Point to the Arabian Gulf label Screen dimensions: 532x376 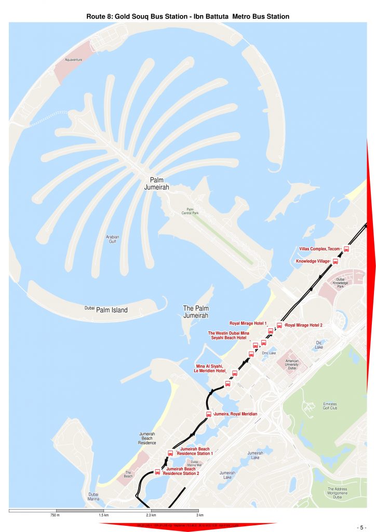(112, 239)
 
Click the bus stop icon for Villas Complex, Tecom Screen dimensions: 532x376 (346, 249)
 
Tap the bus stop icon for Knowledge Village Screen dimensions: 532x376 (335, 261)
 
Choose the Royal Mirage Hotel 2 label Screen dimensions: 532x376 (304, 325)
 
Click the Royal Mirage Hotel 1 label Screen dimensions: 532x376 (248, 323)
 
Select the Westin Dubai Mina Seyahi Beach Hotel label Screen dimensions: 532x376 (229, 335)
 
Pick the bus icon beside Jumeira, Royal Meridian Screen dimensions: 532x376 (209, 414)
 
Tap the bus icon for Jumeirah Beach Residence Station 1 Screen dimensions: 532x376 (170, 453)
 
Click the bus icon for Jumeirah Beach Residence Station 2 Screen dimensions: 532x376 (157, 472)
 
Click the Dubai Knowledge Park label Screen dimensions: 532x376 (340, 283)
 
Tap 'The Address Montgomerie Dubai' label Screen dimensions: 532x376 (341, 493)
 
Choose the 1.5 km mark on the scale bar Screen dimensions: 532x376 (103, 515)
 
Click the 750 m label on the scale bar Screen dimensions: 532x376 (55, 515)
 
